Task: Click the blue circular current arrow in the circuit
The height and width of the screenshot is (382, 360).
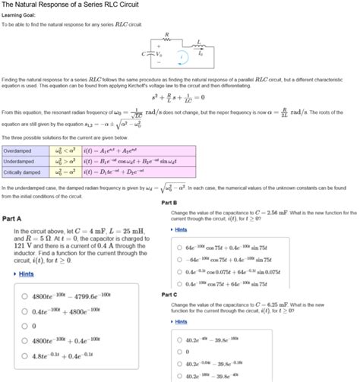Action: point(181,55)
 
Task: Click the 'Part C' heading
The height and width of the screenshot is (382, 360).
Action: point(169,294)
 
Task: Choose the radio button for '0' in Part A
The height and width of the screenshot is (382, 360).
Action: point(25,327)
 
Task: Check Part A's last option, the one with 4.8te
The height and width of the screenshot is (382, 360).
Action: point(25,355)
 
